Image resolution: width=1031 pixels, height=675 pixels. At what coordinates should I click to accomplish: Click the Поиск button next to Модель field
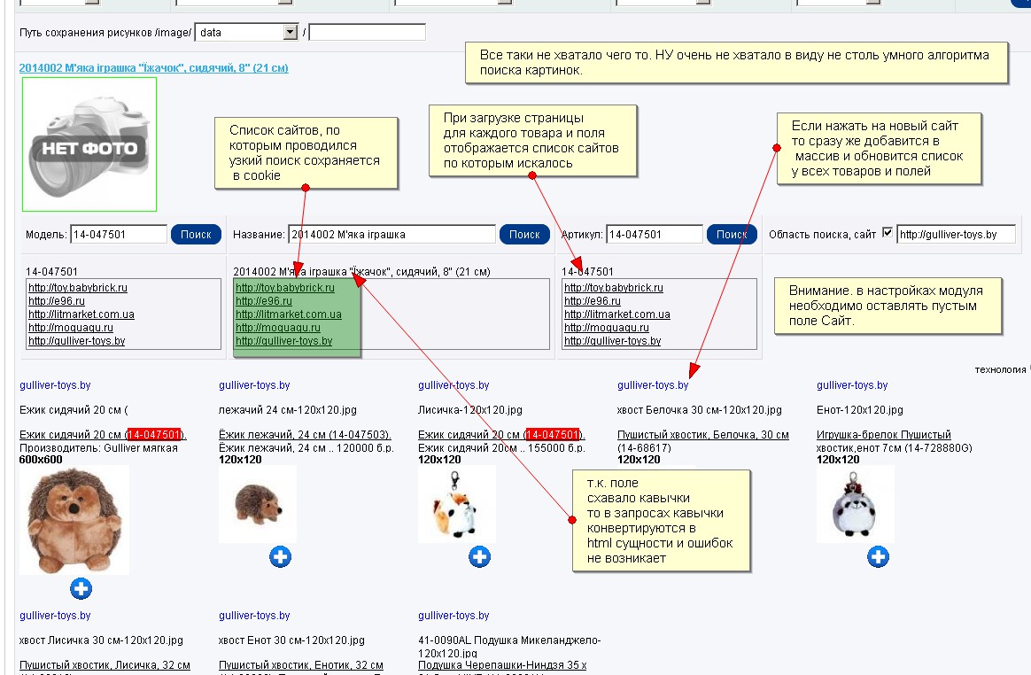(196, 234)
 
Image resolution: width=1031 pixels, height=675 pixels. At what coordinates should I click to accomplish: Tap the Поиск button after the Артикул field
(732, 234)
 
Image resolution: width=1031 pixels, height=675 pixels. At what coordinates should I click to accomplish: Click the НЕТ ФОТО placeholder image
(89, 144)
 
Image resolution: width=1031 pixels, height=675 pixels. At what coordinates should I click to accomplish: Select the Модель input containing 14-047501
(119, 235)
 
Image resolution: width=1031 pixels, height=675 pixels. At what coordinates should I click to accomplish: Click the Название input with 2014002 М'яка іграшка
(391, 235)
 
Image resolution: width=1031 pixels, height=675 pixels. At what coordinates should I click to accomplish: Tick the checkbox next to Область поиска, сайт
(888, 233)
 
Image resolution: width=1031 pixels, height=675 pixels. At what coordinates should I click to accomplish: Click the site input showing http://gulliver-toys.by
(956, 235)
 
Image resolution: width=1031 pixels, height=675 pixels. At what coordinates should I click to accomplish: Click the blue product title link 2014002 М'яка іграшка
(153, 67)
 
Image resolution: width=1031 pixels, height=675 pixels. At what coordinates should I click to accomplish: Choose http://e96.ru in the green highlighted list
(254, 301)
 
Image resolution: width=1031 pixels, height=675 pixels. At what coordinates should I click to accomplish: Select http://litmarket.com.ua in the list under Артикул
(616, 314)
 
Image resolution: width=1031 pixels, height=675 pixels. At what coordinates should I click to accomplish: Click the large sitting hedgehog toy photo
(74, 519)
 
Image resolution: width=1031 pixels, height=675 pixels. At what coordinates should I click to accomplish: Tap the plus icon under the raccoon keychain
(878, 556)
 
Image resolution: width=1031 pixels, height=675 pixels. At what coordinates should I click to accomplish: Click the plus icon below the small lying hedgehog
(280, 556)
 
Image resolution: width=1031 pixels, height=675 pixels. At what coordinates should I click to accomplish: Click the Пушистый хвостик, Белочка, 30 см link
(702, 435)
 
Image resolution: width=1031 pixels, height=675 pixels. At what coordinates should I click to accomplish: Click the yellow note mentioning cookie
(306, 152)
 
